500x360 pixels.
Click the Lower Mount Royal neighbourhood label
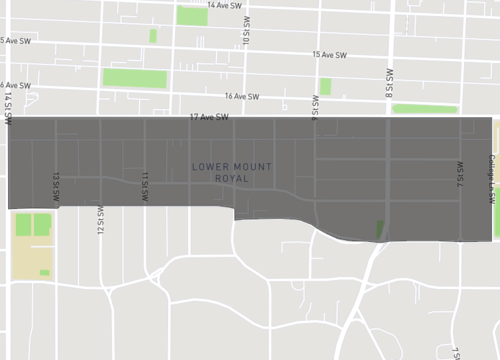[231, 172]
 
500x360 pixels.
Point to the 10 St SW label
[245, 35]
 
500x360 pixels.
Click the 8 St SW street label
[389, 82]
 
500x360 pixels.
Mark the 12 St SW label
[100, 220]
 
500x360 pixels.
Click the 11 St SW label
[145, 186]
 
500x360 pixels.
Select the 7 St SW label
[461, 176]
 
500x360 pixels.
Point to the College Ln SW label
[492, 180]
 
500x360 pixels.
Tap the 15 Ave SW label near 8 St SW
[329, 54]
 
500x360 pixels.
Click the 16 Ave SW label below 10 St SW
[242, 97]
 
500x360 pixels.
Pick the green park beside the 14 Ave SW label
[191, 15]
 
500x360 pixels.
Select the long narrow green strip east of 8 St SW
[424, 109]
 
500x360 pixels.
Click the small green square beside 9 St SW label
[325, 86]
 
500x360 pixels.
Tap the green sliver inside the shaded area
[379, 229]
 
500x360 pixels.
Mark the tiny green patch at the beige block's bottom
[45, 272]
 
